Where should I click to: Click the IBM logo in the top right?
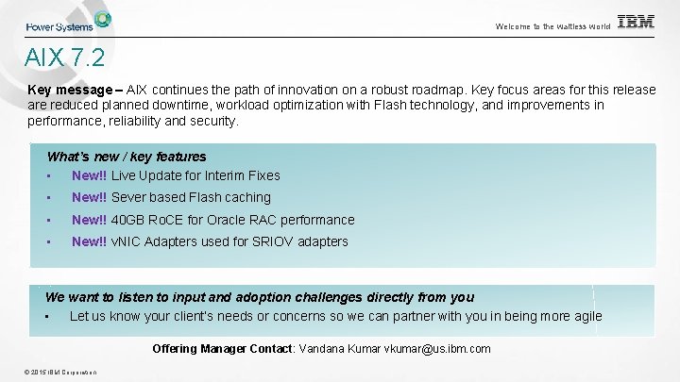pos(636,22)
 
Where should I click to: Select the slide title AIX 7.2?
pos(65,58)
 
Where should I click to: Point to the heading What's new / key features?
pos(127,157)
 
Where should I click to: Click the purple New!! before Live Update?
pos(89,175)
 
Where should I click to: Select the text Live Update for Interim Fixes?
pos(195,175)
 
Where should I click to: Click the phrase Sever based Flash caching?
pos(191,197)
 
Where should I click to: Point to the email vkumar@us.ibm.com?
pos(437,349)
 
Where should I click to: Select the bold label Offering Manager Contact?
pos(223,349)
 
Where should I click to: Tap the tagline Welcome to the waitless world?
pos(552,26)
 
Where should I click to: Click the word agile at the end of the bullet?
pos(585,316)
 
